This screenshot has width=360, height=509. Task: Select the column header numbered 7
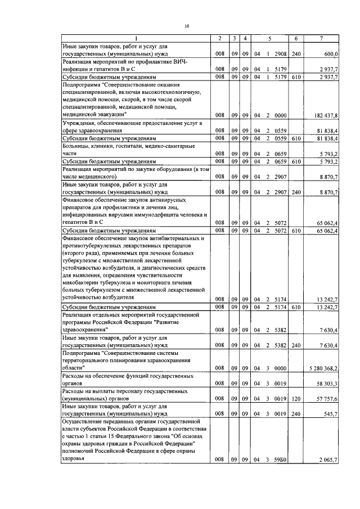point(321,38)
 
